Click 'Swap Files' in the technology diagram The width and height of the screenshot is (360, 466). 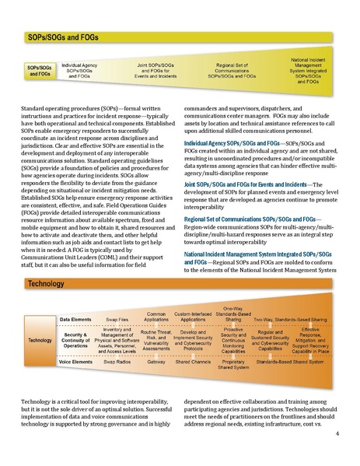coord(117,320)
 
